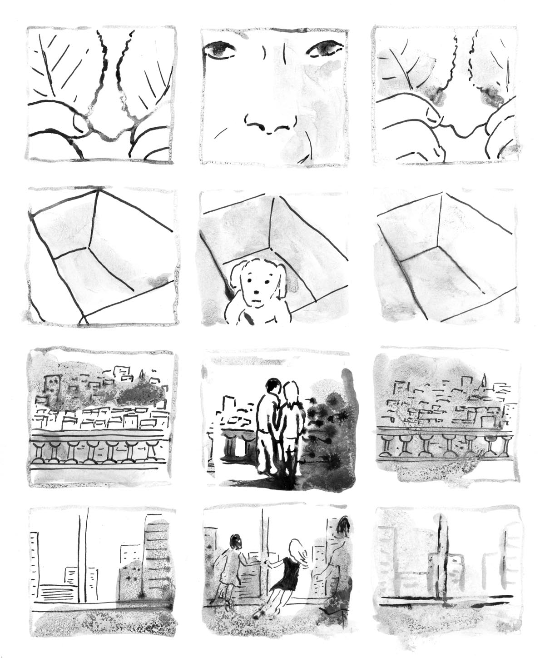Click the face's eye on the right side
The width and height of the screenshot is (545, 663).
[324, 48]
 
